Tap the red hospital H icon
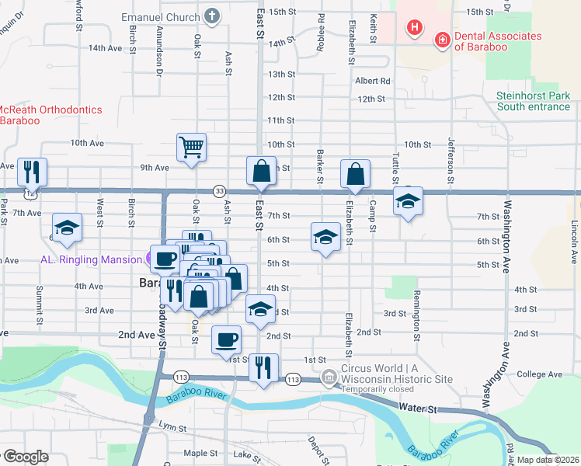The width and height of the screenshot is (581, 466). click(416, 28)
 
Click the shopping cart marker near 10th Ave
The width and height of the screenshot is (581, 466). click(192, 147)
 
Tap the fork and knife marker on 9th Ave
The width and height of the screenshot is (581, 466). click(32, 171)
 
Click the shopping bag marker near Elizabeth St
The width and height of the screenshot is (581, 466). click(355, 173)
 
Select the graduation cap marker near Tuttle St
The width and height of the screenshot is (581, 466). click(408, 201)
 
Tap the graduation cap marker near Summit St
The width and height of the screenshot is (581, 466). click(68, 227)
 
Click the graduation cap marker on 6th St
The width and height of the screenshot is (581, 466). click(326, 236)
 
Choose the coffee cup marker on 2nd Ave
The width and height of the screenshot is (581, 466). click(226, 339)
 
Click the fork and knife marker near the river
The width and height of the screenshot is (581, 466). click(263, 367)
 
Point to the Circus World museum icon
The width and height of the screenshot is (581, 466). click(330, 378)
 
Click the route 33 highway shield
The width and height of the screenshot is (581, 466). click(221, 191)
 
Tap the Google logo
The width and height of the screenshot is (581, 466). click(25, 457)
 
